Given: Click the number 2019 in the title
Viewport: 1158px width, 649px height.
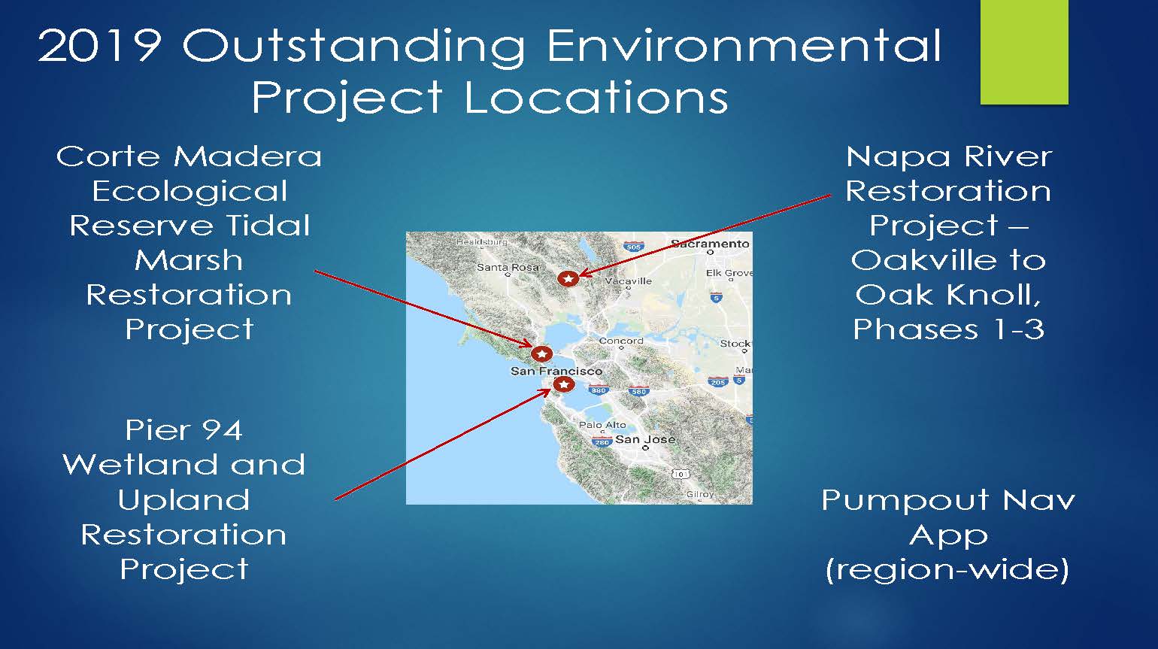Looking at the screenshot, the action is (x=99, y=46).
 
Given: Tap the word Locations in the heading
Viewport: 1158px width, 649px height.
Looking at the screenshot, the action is (x=596, y=97).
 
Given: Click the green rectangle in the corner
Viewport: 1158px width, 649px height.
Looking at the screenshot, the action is (x=1024, y=52).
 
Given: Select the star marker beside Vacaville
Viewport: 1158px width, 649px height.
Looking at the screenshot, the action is (x=568, y=279).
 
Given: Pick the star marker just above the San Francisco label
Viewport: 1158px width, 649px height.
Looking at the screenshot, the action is (x=541, y=354).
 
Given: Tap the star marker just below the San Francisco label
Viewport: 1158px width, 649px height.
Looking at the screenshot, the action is (x=563, y=385).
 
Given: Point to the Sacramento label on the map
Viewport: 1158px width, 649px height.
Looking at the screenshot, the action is (x=710, y=244).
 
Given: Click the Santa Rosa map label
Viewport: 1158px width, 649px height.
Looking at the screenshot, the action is (x=508, y=268).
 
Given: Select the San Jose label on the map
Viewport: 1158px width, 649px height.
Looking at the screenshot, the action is (x=645, y=440).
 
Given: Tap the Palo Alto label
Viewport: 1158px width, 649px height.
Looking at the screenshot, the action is (x=602, y=425).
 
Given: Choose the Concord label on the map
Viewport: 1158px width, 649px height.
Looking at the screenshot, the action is (x=621, y=341).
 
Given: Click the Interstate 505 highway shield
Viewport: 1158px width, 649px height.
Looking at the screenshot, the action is (x=633, y=247).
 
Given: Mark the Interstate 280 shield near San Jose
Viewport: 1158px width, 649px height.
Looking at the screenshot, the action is (x=602, y=441).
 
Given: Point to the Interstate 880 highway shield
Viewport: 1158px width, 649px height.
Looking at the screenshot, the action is (x=598, y=390).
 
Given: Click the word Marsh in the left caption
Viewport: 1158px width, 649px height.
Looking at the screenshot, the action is (x=189, y=260).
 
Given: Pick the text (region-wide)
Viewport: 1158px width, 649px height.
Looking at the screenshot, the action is (x=947, y=570).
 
